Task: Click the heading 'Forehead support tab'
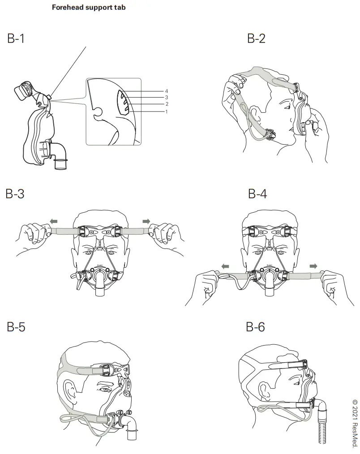click(89, 8)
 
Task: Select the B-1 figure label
click(16, 39)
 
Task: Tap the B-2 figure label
click(256, 39)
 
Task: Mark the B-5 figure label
click(16, 327)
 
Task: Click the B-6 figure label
click(256, 327)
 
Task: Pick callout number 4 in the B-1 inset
click(167, 91)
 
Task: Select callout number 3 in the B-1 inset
click(167, 97)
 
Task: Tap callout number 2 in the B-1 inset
click(167, 104)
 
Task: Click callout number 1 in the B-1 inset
click(167, 111)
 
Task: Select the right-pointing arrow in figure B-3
click(146, 221)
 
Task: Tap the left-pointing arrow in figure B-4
click(225, 266)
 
